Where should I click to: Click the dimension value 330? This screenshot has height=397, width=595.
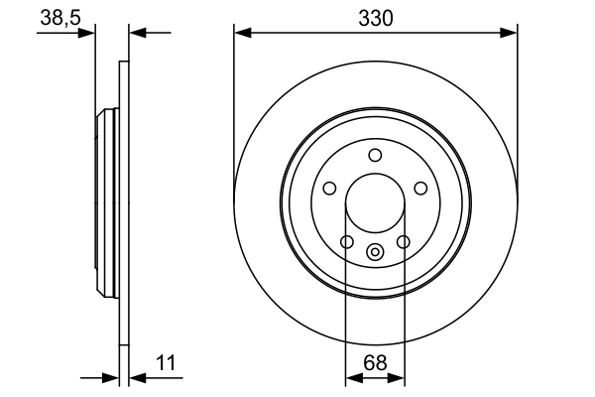point(376,17)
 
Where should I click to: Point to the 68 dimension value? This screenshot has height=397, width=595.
point(374,363)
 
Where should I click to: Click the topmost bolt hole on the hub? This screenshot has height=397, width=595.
point(375,155)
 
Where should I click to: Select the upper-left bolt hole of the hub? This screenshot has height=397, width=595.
point(329,189)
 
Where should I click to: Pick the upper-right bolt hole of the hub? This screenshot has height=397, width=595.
point(420,189)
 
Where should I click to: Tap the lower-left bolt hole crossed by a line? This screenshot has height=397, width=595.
point(346,241)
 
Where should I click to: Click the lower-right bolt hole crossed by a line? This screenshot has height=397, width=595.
point(404,241)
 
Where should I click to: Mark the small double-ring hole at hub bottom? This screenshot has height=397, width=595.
point(375,252)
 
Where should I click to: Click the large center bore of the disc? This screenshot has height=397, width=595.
point(375,203)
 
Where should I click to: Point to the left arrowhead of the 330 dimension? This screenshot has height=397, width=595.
point(240,34)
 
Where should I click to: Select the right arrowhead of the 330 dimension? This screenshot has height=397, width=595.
point(512,34)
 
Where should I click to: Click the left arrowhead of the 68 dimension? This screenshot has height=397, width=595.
point(351,377)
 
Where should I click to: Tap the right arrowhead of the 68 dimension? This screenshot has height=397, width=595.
point(399,377)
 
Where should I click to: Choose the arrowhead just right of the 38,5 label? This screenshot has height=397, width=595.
point(89,34)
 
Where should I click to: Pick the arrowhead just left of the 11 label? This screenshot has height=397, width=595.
point(136,377)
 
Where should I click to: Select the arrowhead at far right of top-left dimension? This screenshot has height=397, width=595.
point(136,34)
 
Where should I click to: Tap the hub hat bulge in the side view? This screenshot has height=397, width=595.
point(106,203)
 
